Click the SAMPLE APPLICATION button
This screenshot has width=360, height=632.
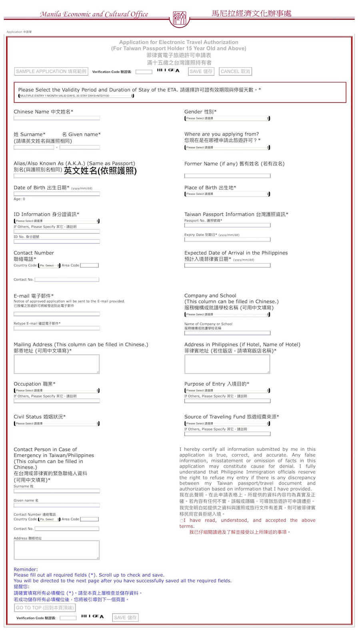tap(51, 72)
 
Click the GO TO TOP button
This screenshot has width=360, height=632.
tap(45, 608)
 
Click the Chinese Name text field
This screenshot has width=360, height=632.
tap(56, 118)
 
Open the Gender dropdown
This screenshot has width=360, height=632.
tap(227, 118)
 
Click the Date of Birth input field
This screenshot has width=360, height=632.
tap(56, 194)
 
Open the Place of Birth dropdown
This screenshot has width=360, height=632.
tap(227, 194)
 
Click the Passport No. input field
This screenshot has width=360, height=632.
tap(227, 225)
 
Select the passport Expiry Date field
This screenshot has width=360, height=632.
tap(227, 240)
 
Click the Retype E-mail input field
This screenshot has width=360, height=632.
tap(56, 328)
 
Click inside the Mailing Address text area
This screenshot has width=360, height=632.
tap(56, 364)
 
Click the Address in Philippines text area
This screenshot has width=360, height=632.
tap(227, 364)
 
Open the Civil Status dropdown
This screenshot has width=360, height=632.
tap(56, 423)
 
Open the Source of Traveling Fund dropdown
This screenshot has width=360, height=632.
tap(227, 423)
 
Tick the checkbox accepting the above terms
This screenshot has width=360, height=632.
tap(182, 520)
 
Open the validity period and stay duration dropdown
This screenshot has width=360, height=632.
tap(76, 96)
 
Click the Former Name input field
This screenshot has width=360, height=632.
tap(227, 176)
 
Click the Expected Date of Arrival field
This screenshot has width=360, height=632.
tap(227, 265)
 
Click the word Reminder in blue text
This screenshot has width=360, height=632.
tap(25, 569)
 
